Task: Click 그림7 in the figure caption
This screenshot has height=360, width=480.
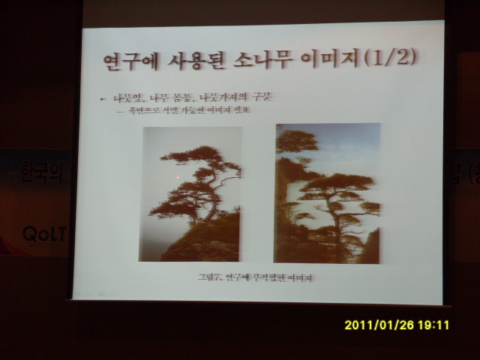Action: [209, 278]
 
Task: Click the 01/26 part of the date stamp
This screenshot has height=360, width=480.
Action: [395, 325]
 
